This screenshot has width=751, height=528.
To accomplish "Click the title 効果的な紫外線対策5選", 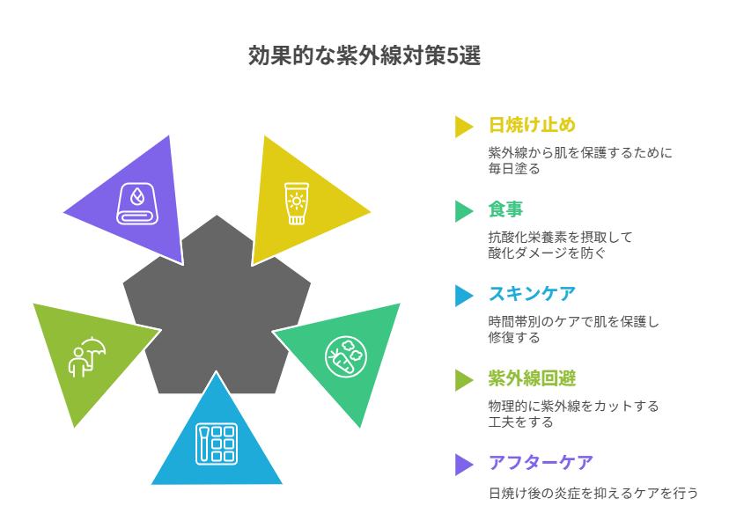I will (364, 56).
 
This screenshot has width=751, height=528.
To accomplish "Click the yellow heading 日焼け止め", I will (532, 125).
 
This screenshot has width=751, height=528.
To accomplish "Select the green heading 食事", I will (505, 209).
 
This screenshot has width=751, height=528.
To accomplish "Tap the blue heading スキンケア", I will (532, 294).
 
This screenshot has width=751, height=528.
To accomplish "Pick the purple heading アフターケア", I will (541, 463).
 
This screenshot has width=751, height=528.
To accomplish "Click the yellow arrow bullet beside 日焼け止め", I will (463, 126).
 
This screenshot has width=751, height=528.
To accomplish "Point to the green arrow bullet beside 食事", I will (463, 210).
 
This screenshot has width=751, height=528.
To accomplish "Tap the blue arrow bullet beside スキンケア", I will (463, 295).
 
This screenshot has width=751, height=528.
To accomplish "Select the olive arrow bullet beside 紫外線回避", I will (463, 379).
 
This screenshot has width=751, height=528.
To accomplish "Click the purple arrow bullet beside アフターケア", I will (463, 464).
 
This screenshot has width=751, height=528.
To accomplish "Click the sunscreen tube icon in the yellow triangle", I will (297, 203).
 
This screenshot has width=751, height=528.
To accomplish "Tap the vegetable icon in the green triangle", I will (346, 355).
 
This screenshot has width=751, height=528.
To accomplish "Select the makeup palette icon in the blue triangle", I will (217, 444).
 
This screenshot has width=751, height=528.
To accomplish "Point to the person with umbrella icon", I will (87, 356).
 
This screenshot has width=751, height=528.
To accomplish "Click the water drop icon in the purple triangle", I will (137, 203).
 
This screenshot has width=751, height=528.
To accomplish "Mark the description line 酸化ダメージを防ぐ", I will (547, 253).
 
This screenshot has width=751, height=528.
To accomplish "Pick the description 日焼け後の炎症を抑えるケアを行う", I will (593, 493).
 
